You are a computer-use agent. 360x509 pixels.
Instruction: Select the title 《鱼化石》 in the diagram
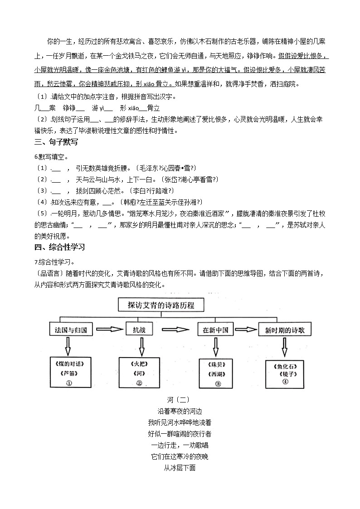tap(285, 365)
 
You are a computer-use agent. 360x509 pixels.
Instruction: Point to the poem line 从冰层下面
tap(180, 468)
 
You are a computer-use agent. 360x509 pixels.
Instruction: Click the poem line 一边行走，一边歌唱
tap(180, 445)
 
